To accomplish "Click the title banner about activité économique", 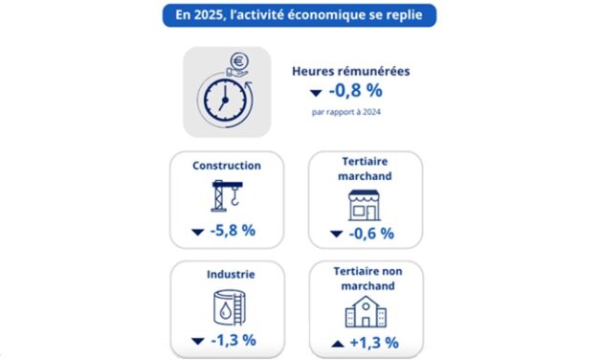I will [x=300, y=16].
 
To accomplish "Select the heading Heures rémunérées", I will [x=349, y=71].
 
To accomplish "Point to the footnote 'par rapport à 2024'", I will [x=347, y=112].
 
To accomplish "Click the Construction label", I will [x=226, y=166].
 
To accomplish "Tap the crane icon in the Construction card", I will [x=226, y=196].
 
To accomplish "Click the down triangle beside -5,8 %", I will [x=198, y=232].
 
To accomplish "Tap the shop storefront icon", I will [x=365, y=204].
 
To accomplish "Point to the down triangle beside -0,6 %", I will [x=337, y=234].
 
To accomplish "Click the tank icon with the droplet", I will [x=227, y=307].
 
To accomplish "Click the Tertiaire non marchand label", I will [x=365, y=278].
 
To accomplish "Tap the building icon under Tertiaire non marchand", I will [x=365, y=312].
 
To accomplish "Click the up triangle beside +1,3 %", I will [x=337, y=341].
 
